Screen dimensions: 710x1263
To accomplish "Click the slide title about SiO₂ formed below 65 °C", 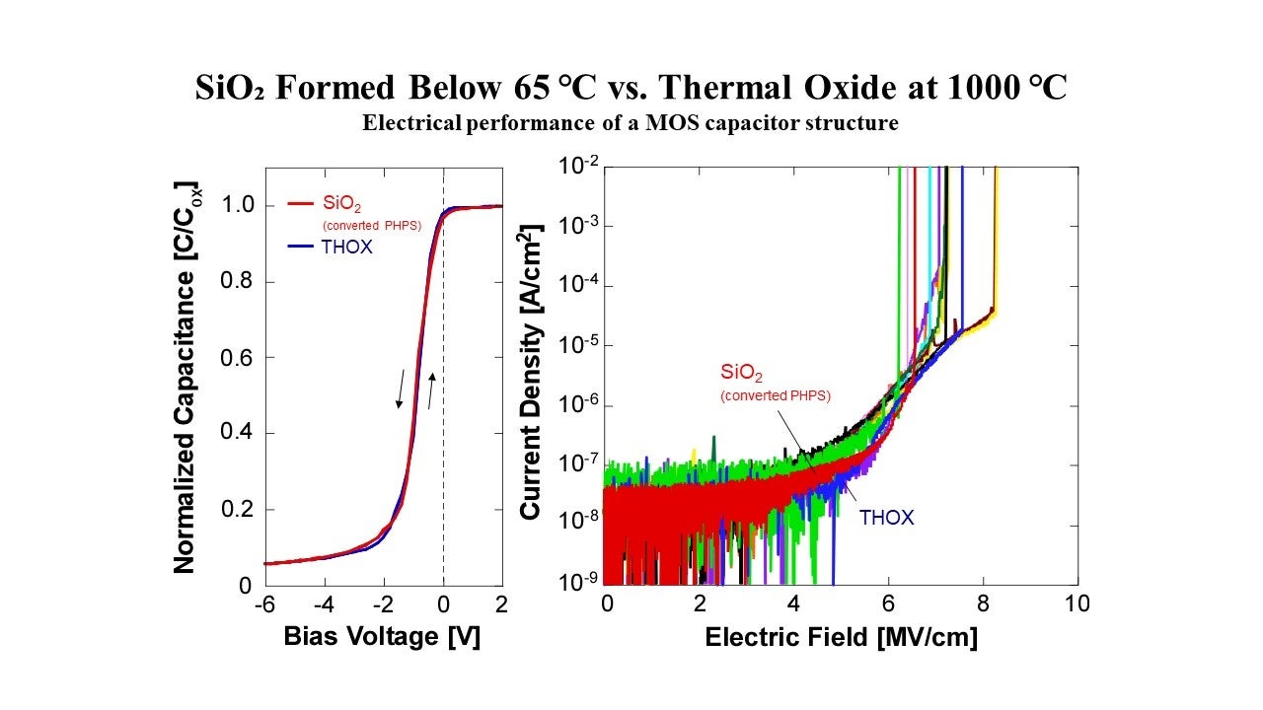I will [x=631, y=89].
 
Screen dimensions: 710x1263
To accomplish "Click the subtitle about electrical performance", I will [x=631, y=123].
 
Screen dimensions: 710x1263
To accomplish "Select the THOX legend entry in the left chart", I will [x=346, y=248].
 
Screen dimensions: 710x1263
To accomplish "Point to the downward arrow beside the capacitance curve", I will [x=401, y=389].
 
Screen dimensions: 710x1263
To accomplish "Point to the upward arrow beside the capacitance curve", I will [x=431, y=391].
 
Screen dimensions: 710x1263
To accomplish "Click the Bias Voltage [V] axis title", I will [x=382, y=637].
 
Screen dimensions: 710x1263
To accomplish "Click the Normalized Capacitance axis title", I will [x=185, y=377].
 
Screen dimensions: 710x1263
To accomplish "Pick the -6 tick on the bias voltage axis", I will [x=263, y=603].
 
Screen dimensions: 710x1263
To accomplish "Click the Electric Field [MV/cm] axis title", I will [x=841, y=637].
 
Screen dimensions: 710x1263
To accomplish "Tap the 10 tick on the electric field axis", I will [x=1077, y=603].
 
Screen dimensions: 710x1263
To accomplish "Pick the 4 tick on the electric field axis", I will [x=794, y=603].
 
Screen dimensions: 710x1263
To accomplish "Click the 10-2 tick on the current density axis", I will [x=578, y=166].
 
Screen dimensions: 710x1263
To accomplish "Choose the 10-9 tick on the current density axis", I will [x=578, y=582].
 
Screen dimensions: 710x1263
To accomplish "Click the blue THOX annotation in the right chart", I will [x=886, y=517].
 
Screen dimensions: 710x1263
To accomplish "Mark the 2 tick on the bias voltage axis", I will [x=501, y=603].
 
